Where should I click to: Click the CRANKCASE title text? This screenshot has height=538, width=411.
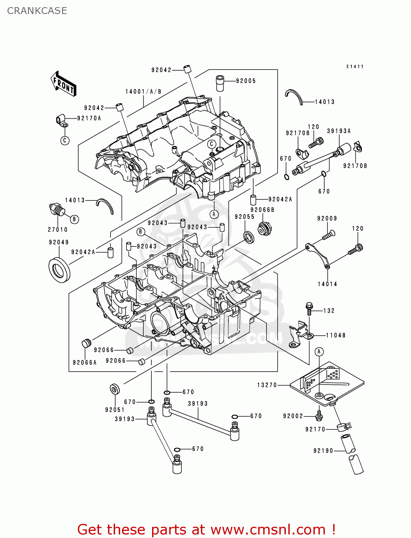(x=37, y=11)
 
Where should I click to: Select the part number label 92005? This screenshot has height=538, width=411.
(x=246, y=81)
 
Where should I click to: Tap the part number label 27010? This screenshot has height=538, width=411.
(x=58, y=230)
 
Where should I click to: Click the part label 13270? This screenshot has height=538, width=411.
(x=267, y=385)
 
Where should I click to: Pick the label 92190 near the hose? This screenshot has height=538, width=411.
(x=323, y=451)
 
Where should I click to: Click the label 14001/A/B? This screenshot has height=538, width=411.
(x=143, y=92)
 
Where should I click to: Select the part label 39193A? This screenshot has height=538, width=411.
(x=339, y=131)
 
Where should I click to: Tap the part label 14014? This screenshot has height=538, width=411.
(x=327, y=284)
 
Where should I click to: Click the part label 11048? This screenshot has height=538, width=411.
(x=336, y=335)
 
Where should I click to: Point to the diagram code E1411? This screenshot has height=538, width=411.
(x=355, y=67)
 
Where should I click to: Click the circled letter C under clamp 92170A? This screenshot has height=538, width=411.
(x=65, y=140)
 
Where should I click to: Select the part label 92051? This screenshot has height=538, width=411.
(x=115, y=410)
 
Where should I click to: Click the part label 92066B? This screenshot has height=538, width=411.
(x=263, y=210)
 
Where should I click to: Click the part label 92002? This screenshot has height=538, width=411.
(x=293, y=416)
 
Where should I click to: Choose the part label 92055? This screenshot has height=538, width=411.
(x=245, y=217)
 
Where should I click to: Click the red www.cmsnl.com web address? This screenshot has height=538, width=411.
(x=268, y=529)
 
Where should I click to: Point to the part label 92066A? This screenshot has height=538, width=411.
(x=85, y=363)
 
